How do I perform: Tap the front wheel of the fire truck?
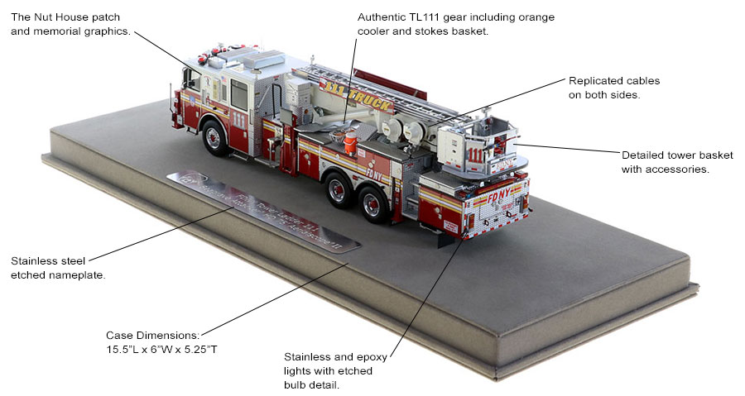tap(214, 136)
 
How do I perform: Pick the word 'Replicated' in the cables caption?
tap(597, 81)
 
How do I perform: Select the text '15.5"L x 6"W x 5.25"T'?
tap(161, 350)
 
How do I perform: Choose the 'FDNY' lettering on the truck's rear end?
tap(481, 199)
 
